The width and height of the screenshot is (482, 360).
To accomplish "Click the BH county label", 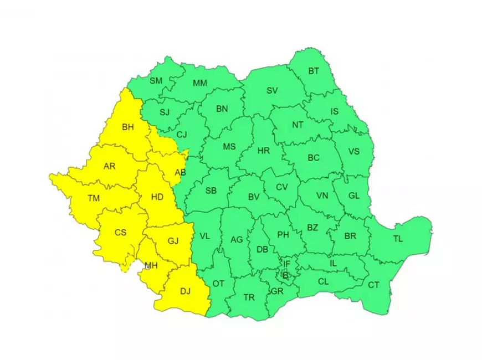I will (128, 127).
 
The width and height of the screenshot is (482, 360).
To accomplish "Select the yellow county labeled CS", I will (120, 233).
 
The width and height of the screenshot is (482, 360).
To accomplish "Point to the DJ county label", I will (185, 290).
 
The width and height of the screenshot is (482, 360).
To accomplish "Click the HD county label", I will (157, 196).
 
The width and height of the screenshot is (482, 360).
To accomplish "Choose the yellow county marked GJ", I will (173, 241).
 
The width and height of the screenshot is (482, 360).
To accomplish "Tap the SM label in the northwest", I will (156, 81).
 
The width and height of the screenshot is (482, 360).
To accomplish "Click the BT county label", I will (314, 71).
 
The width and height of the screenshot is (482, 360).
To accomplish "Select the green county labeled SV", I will (271, 90).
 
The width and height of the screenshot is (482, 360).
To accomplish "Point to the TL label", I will (398, 239).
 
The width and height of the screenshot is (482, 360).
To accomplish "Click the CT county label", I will (373, 285).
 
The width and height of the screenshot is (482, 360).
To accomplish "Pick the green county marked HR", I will (264, 150).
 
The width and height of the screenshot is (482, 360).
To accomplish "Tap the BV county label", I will (254, 197).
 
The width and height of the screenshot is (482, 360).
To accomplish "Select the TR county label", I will (249, 297).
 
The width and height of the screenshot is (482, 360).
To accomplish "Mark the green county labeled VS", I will (353, 152).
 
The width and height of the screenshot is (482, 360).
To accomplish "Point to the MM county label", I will (199, 84).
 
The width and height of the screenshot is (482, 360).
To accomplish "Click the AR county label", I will (110, 166).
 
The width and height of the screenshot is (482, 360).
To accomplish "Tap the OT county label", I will (218, 284).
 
